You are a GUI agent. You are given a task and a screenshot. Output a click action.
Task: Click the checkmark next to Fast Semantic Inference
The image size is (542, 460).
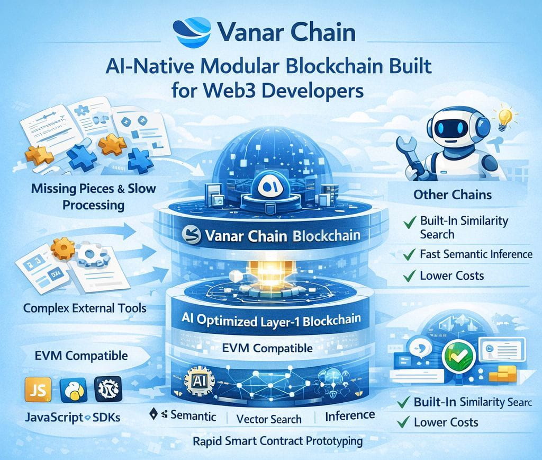pyautogui.click(x=408, y=254)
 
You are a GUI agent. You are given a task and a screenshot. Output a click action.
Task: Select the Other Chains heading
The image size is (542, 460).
pyautogui.click(x=452, y=194)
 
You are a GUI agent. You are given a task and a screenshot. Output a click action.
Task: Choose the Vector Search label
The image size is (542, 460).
pyautogui.click(x=269, y=419)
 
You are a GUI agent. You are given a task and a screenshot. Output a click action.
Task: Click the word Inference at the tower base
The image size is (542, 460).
pyautogui.click(x=350, y=415)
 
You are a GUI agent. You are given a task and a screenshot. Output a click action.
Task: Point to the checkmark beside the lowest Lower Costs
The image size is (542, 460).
pyautogui.click(x=405, y=422)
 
